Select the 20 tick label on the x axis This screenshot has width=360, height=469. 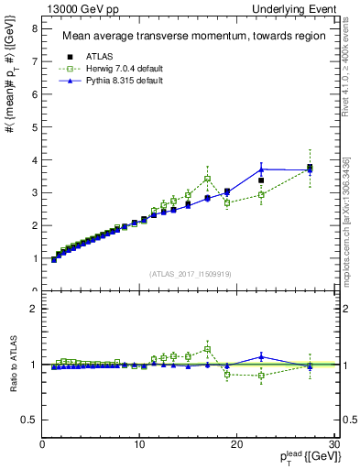point(236,445)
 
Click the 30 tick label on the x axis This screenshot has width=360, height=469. point(333,445)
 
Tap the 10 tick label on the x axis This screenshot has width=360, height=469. point(139,445)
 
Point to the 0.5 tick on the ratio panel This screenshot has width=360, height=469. point(29,420)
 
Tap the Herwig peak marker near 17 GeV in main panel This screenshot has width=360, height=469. point(208,179)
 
